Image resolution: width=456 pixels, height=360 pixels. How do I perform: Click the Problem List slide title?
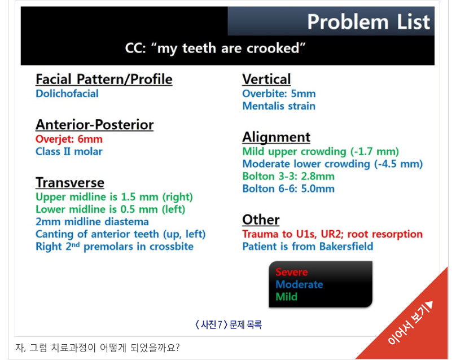point(368,22)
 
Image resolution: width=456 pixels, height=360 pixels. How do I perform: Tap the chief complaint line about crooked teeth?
point(215,49)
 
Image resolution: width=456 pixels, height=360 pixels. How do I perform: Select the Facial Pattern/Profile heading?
point(104,79)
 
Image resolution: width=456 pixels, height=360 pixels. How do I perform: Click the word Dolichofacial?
point(67,94)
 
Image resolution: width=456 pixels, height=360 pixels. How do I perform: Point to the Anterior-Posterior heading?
point(94,125)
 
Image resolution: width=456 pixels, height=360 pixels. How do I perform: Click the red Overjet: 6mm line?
point(69,139)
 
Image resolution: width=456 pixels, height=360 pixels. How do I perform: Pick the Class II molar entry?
point(69,151)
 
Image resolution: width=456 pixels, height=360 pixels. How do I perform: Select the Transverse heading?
point(70,183)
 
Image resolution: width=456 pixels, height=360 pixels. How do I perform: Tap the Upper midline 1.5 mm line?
point(114,197)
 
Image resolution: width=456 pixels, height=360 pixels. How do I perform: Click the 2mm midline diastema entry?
point(92,222)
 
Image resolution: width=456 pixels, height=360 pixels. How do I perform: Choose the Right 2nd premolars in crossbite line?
point(115,247)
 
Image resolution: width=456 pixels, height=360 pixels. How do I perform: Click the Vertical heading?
point(266,79)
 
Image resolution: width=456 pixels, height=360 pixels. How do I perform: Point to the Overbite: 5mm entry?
point(279,94)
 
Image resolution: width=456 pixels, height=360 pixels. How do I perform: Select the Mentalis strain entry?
point(279,106)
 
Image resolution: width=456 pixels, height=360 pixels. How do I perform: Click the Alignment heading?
point(277,137)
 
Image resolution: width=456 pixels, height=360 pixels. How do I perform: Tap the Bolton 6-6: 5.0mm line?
point(288,188)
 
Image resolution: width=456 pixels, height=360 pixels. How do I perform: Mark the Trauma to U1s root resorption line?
point(332,234)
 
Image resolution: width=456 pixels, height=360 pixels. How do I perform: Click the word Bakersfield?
point(346,247)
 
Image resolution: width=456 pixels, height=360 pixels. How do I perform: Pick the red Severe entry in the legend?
point(291,272)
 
